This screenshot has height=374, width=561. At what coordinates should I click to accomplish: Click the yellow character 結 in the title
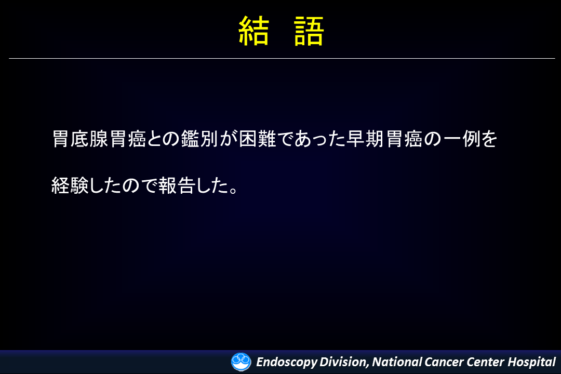[x=253, y=31]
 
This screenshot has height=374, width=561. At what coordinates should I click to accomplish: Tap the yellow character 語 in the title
[x=309, y=31]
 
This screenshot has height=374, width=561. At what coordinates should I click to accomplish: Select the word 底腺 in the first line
[x=89, y=139]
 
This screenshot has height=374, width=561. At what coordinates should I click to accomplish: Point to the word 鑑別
[x=199, y=139]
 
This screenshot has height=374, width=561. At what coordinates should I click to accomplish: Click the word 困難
[x=257, y=139]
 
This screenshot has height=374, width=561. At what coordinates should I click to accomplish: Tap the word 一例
[x=462, y=139]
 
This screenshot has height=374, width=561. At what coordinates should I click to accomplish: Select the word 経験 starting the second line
[x=70, y=185]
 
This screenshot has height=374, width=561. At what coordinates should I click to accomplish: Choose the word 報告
[x=177, y=185]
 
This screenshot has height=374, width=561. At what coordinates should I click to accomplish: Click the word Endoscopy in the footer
[x=287, y=362]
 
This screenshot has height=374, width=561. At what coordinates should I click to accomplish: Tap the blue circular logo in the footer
[x=241, y=362]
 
